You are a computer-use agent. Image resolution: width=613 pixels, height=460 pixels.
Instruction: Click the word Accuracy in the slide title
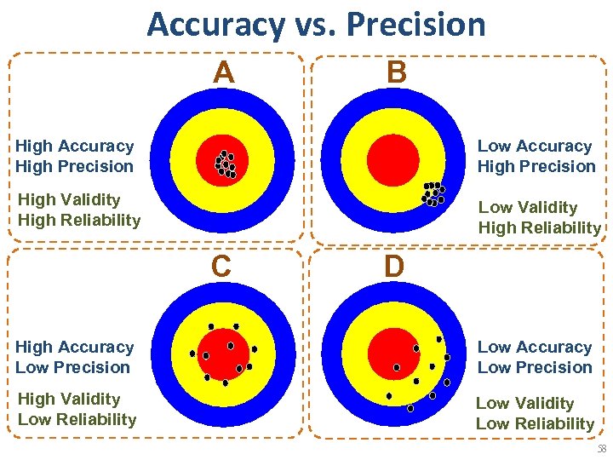click(215, 25)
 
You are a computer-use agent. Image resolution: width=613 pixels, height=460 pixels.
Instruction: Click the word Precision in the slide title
click(417, 25)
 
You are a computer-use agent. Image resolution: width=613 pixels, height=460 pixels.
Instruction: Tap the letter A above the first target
click(223, 73)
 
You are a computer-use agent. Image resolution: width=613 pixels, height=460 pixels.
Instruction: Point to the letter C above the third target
click(221, 267)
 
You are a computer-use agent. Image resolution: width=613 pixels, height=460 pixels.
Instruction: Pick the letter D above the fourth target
click(393, 267)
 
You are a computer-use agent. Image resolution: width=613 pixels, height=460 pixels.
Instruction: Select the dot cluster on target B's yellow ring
click(433, 194)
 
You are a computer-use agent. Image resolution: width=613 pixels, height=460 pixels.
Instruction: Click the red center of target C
click(223, 354)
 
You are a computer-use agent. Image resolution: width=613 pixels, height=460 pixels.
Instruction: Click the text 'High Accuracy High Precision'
click(75, 157)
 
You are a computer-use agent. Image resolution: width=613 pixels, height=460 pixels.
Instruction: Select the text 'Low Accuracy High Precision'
click(536, 157)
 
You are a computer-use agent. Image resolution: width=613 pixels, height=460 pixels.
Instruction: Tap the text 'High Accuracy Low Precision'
click(75, 358)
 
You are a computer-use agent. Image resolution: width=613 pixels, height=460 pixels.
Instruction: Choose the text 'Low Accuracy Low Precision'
click(536, 358)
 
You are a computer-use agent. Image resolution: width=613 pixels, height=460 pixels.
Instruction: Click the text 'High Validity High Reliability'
click(78, 210)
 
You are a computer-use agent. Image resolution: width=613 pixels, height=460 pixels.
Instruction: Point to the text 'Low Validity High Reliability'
click(539, 218)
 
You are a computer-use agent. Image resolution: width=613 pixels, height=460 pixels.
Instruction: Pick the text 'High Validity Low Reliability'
click(77, 410)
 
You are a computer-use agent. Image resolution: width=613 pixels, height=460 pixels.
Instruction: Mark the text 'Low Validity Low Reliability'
click(535, 414)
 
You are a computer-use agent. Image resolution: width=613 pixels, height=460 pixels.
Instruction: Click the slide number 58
click(602, 449)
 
